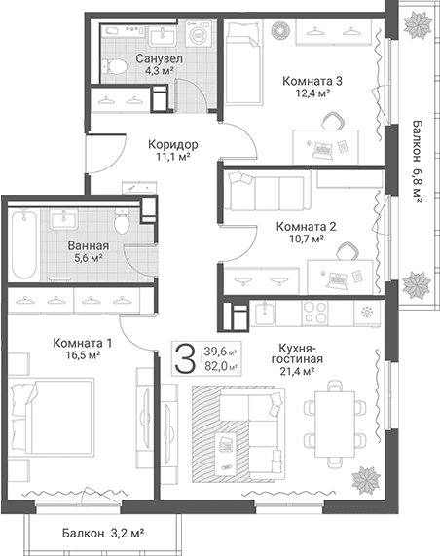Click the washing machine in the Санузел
199,33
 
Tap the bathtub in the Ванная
24,243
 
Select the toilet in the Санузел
114,66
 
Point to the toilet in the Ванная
122,222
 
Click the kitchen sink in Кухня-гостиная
264,314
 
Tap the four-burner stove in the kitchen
314,313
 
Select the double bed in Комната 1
52,417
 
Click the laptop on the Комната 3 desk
322,150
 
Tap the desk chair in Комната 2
348,251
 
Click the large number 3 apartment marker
185,358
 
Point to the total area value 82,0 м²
221,366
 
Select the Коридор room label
172,144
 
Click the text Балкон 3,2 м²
103,533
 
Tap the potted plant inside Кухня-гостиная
366,480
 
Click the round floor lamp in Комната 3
280,30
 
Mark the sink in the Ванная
64,219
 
